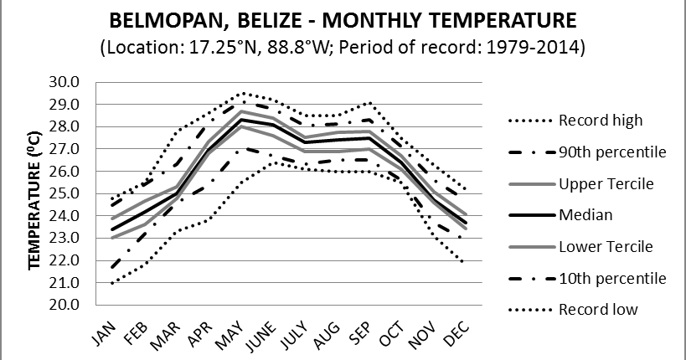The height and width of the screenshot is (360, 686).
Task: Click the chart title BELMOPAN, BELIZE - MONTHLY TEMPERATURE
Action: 342,20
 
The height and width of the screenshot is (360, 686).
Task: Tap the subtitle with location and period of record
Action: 342,47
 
